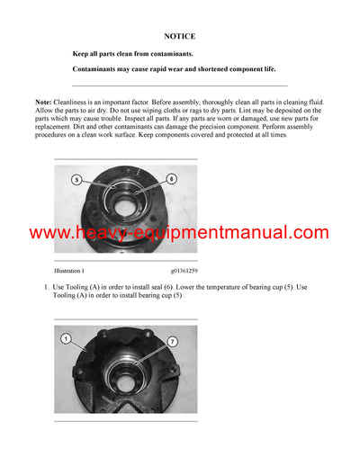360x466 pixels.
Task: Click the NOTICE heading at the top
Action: pyautogui.click(x=179, y=37)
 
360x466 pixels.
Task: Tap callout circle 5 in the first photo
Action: pyautogui.click(x=76, y=180)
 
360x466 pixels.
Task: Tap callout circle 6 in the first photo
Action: pyautogui.click(x=172, y=179)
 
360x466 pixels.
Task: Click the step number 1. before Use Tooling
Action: pyautogui.click(x=46, y=287)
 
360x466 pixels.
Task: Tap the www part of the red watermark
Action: pyautogui.click(x=50, y=233)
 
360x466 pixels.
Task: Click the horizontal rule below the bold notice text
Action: pyautogui.click(x=179, y=85)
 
